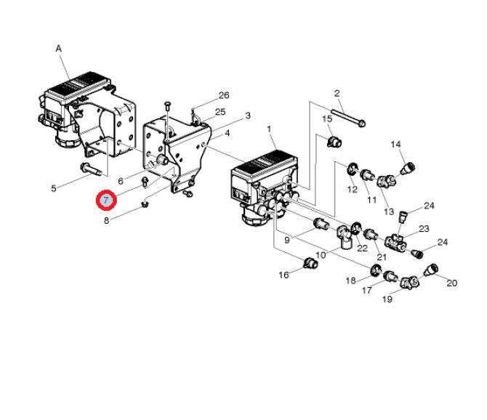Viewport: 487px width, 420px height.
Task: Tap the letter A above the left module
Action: coord(59,48)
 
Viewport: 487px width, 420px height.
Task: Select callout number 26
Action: coord(224,95)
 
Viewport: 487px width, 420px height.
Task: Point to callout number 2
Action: coord(337,93)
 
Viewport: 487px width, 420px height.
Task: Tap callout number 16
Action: coord(284,275)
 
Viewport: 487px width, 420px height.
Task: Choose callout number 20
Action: coord(451,283)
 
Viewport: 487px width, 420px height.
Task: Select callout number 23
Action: coord(424,229)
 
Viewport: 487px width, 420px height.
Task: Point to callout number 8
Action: coord(107,219)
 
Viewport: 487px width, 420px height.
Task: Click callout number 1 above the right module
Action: coord(270,129)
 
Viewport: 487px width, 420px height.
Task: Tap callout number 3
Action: coord(248,116)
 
